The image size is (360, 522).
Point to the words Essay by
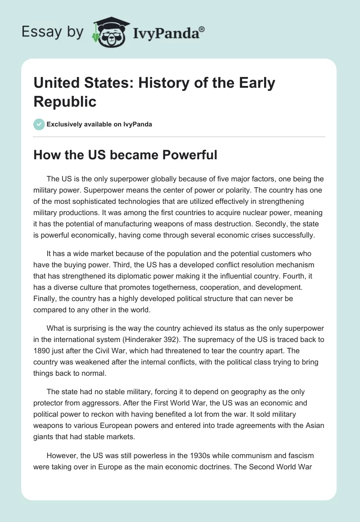pyautogui.click(x=53, y=32)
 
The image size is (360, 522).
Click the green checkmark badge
pyautogui.click(x=39, y=124)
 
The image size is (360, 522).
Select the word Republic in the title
pyautogui.click(x=65, y=101)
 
